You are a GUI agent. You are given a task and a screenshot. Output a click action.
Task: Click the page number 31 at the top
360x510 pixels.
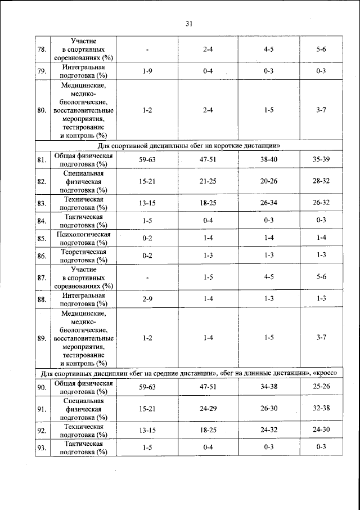(x=188, y=23)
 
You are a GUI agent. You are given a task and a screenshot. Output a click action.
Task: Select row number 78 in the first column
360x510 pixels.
(x=42, y=50)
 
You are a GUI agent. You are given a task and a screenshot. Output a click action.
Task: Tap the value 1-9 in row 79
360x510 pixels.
(x=147, y=71)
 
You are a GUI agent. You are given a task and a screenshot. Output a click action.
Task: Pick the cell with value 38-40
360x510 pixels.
(x=268, y=160)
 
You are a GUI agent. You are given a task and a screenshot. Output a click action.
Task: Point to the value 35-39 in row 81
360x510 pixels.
(x=321, y=160)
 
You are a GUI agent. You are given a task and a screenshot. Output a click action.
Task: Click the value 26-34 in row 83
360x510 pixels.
(x=268, y=203)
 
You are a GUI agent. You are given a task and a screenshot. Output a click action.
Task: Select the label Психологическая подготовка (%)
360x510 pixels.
(x=84, y=238)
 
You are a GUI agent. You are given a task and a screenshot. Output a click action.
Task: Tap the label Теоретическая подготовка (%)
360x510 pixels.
(x=84, y=256)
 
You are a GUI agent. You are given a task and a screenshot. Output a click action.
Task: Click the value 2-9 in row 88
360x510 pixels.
(x=147, y=299)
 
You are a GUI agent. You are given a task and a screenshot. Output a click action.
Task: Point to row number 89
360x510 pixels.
(x=42, y=338)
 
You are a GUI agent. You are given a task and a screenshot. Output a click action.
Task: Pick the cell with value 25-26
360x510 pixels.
(x=321, y=387)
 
